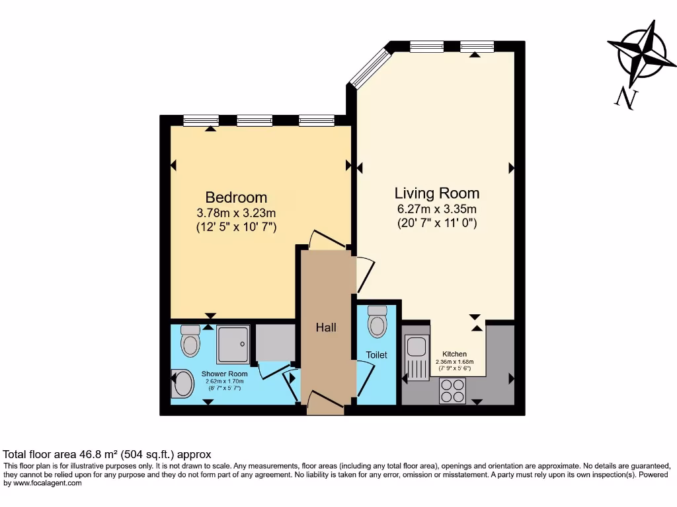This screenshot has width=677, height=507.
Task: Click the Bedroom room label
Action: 236,197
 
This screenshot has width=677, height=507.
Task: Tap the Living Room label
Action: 436,193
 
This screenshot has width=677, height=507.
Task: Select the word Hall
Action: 325,327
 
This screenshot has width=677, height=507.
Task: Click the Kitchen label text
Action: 455,355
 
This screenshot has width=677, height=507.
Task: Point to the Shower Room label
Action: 225,374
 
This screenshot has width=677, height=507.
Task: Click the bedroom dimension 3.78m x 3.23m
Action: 236,213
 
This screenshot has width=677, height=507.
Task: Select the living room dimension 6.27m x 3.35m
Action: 436,209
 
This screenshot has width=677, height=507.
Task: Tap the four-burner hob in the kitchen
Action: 453,390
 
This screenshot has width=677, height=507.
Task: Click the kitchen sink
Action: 417,357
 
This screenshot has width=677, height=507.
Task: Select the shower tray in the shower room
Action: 233,344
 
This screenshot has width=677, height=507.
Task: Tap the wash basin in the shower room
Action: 182,384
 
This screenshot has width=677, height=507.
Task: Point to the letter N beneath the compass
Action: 624,98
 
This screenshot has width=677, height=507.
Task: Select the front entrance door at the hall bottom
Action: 325,401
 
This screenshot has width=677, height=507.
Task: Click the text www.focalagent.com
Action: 44,483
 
